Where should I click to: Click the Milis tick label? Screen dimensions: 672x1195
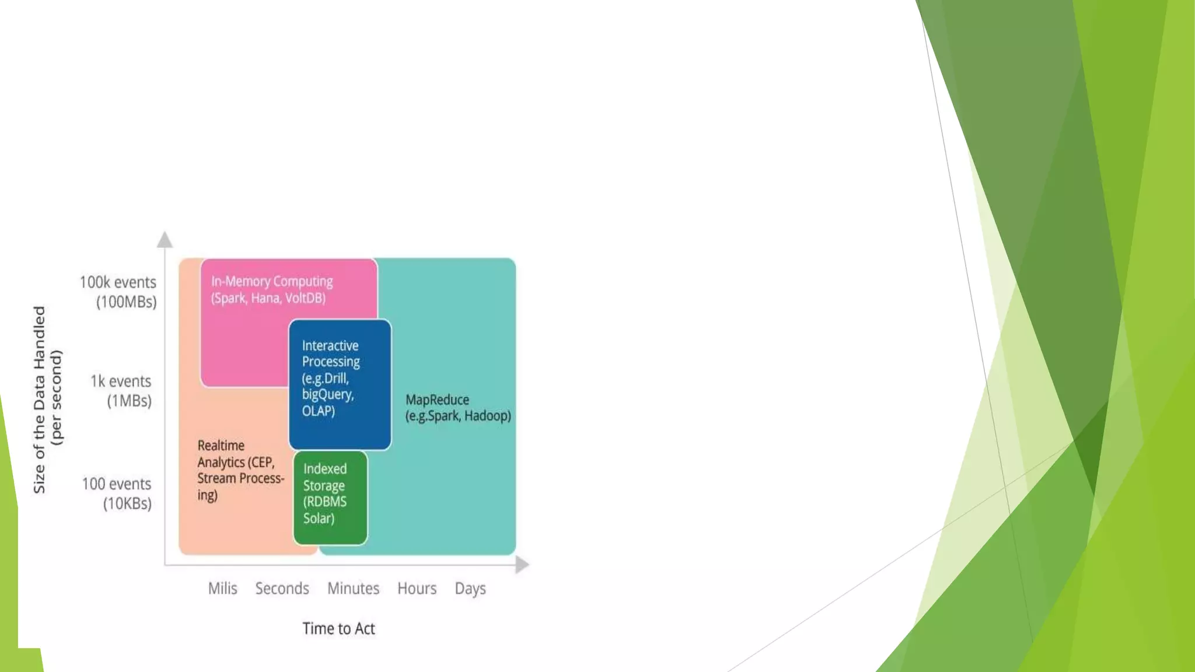point(222,588)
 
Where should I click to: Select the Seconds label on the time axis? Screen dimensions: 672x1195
point(282,588)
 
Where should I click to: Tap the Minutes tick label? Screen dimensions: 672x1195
point(353,588)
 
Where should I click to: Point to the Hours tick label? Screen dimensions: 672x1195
point(417,588)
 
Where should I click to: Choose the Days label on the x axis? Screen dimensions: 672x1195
point(470,589)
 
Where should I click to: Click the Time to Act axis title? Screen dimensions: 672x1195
point(338,628)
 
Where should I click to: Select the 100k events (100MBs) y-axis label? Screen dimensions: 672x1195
point(118,292)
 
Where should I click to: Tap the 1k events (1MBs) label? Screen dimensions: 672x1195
point(121,391)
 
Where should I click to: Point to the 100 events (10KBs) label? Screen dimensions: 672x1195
point(117,494)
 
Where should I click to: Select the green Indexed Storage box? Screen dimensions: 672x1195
point(330,498)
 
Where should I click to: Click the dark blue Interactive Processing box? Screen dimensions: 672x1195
point(340,384)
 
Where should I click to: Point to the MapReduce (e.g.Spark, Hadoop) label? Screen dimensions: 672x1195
point(458,408)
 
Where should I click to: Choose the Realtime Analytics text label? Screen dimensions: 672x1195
point(240,470)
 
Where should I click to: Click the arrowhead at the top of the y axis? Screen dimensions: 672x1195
point(165,240)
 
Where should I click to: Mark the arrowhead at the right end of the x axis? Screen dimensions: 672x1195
point(522,564)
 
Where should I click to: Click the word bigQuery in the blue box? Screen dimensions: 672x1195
point(327,394)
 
